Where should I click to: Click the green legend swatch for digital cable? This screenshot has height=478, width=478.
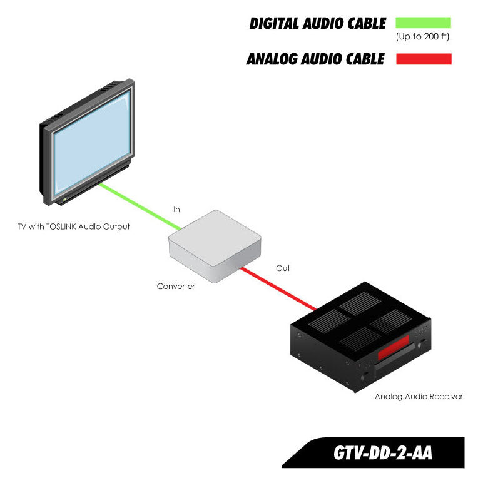423,23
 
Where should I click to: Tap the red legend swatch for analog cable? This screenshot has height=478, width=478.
423,59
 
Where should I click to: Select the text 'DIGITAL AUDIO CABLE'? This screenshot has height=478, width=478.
317,24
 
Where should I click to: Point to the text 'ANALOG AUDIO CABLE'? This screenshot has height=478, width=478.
315,60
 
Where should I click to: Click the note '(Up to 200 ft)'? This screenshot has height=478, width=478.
423,37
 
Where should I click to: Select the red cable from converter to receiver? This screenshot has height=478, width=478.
278,288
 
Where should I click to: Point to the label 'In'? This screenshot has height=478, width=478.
176,210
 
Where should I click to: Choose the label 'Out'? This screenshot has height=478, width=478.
283,268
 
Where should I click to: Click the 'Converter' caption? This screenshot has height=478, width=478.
176,287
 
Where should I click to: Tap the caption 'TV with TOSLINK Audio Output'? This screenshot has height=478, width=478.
74,226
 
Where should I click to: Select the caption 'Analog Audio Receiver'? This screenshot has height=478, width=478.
419,397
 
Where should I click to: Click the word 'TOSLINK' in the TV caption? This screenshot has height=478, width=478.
58,226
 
